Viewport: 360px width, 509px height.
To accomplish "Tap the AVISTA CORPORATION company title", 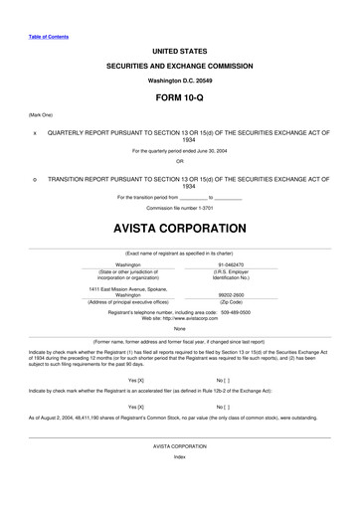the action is coord(180,227).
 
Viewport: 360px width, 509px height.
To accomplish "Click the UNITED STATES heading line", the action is coord(180,49).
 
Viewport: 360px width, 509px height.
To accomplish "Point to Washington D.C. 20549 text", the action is coord(180,79).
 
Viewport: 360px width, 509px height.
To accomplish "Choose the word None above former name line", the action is coord(180,329).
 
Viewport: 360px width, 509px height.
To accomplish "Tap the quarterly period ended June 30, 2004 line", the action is coord(180,150).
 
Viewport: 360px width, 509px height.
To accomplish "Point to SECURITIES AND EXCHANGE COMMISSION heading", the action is coord(180,65).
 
